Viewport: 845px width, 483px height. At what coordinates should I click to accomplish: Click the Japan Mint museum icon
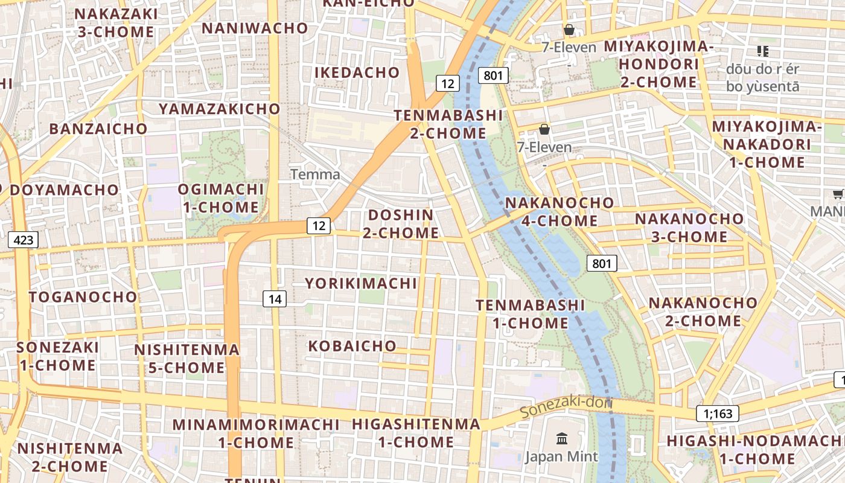[562, 439]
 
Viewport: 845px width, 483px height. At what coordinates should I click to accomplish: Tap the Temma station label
[315, 174]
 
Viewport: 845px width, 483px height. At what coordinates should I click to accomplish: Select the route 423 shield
[23, 240]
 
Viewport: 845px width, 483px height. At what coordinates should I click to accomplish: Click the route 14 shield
[275, 298]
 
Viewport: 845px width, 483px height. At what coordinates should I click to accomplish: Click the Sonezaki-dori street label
[566, 408]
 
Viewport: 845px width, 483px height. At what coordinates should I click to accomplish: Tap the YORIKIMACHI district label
[361, 283]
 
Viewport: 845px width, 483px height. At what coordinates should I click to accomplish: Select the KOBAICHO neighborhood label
[352, 346]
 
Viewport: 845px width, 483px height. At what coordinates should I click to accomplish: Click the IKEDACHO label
[357, 72]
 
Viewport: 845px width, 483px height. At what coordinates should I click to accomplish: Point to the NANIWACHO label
[255, 28]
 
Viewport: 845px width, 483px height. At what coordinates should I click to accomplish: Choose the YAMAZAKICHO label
[220, 109]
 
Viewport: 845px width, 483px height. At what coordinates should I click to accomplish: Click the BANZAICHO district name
[98, 129]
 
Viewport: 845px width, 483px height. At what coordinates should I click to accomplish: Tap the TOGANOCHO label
[83, 297]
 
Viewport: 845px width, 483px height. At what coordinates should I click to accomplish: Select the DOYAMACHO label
[65, 190]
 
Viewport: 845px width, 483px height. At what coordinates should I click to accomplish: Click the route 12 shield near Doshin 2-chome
[319, 226]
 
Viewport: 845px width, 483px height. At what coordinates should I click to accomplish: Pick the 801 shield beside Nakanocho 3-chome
[602, 263]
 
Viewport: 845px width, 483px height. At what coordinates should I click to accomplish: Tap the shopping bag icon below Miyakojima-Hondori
[544, 129]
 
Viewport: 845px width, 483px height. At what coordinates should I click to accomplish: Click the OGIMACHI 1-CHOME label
[221, 198]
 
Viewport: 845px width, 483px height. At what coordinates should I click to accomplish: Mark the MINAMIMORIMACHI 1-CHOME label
[256, 433]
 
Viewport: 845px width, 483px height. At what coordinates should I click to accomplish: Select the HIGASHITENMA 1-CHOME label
[416, 433]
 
